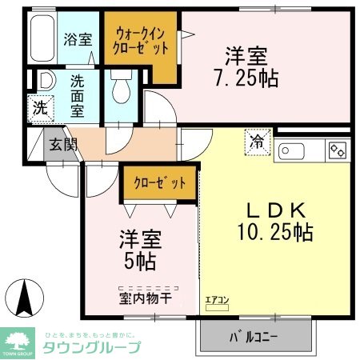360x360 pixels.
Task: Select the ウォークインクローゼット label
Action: [142, 41]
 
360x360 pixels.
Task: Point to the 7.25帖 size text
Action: [245, 79]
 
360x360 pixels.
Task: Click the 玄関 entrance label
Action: [62, 145]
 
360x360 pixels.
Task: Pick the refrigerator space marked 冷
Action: [260, 142]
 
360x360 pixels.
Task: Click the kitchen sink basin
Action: [293, 150]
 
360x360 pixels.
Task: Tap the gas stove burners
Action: [337, 150]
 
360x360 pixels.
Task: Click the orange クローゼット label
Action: [160, 182]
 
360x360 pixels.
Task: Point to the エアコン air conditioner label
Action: [217, 300]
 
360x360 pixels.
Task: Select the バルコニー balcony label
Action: [254, 336]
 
